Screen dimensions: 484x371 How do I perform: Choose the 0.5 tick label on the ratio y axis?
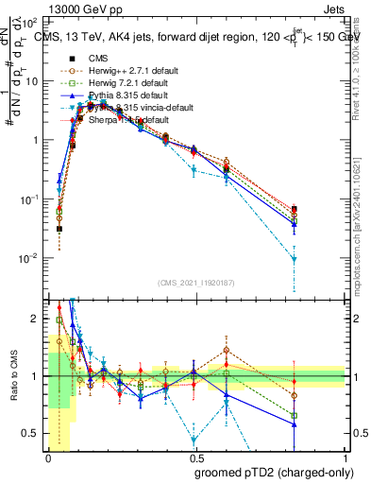coord(33,433)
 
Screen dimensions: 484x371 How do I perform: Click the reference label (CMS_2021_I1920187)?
coord(195,284)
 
